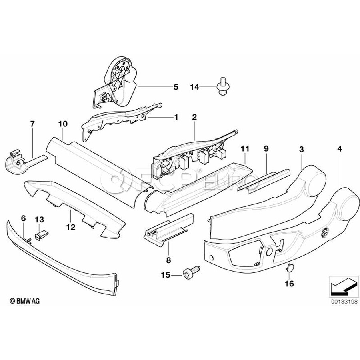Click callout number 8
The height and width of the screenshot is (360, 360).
[x=168, y=260]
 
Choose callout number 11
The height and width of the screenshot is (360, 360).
[x=245, y=149]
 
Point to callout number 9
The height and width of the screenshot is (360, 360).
[x=266, y=149]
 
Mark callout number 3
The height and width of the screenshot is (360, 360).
[x=301, y=149]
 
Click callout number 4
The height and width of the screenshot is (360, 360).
[x=340, y=149]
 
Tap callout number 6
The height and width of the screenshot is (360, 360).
[x=23, y=218]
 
